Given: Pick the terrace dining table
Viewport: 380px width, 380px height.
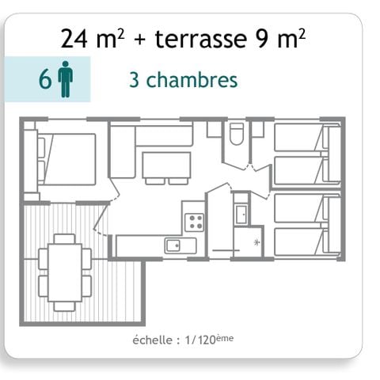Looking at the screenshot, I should coord(65,269).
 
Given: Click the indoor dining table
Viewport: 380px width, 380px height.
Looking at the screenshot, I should coord(166,165).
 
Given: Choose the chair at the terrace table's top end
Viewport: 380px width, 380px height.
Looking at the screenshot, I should coord(65,238).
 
